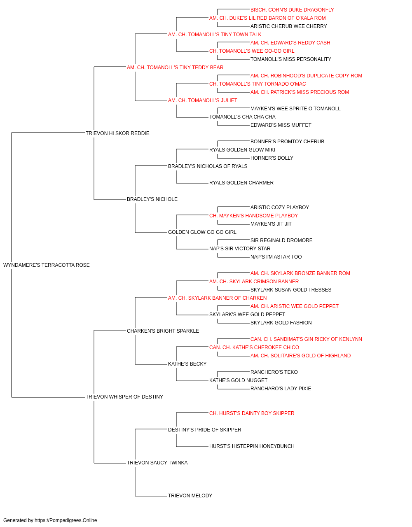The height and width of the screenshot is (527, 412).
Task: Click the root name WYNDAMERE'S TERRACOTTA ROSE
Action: [46, 265]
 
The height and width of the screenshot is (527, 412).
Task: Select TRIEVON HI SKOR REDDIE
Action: [117, 133]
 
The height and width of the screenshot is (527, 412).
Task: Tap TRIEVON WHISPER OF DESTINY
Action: [124, 397]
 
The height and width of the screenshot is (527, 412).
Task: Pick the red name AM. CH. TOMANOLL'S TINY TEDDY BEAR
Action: [175, 68]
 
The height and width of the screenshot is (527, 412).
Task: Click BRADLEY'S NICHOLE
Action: [152, 199]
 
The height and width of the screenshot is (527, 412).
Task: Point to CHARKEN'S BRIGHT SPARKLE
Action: [163, 331]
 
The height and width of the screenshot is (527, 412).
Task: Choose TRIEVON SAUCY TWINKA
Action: [157, 463]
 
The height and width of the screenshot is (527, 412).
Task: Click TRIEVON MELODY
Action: [190, 496]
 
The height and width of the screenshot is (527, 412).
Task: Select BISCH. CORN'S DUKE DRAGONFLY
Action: [292, 10]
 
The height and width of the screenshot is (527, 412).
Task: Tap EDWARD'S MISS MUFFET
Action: [281, 125]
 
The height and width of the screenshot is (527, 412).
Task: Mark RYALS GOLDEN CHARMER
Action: [241, 183]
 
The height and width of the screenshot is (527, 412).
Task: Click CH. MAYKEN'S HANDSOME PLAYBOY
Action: [253, 216]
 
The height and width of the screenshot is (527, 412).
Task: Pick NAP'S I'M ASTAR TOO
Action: [276, 257]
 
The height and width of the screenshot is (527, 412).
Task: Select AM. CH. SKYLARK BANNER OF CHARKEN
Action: [217, 298]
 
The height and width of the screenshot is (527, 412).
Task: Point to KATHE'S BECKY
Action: [187, 364]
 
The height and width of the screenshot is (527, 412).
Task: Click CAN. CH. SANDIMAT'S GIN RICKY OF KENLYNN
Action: [306, 339]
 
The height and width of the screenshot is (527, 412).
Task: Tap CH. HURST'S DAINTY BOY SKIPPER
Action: [252, 413]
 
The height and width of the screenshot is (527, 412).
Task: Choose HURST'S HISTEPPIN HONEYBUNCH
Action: [252, 446]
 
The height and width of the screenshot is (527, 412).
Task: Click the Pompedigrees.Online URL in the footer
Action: [66, 520]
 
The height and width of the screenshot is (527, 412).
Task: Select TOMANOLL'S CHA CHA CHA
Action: [242, 117]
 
